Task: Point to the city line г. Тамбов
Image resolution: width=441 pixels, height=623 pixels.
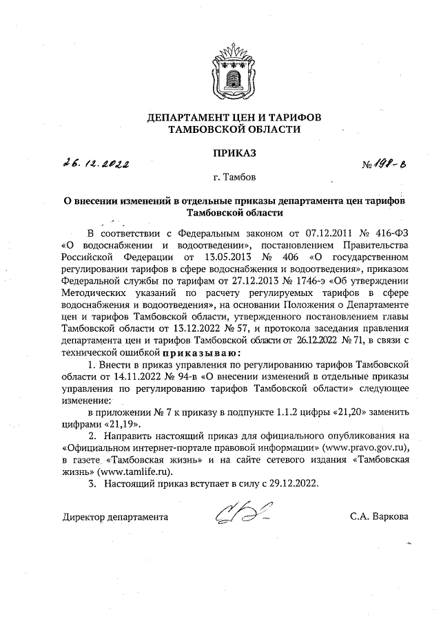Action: click(234, 178)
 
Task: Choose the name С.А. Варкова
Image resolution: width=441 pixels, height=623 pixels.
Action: click(378, 516)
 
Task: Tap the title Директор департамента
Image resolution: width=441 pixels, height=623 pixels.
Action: click(114, 516)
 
